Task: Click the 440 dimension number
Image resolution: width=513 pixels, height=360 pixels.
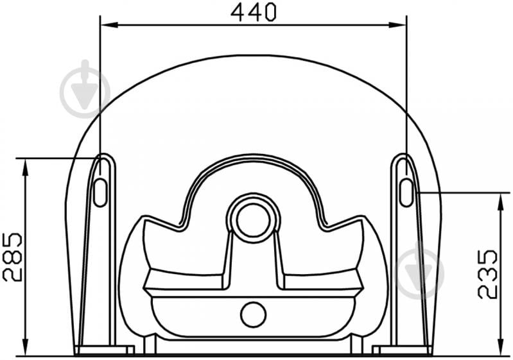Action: (x=254, y=12)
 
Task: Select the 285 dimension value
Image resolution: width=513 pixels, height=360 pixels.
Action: (x=12, y=257)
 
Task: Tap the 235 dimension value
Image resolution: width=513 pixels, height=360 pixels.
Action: (x=487, y=275)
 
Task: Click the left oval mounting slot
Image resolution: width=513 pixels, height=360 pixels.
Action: (x=100, y=193)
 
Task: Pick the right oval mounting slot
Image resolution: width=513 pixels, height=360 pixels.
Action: (x=406, y=193)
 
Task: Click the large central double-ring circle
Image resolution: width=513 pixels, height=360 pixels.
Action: (x=254, y=218)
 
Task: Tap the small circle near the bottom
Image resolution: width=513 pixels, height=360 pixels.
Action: (x=253, y=314)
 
